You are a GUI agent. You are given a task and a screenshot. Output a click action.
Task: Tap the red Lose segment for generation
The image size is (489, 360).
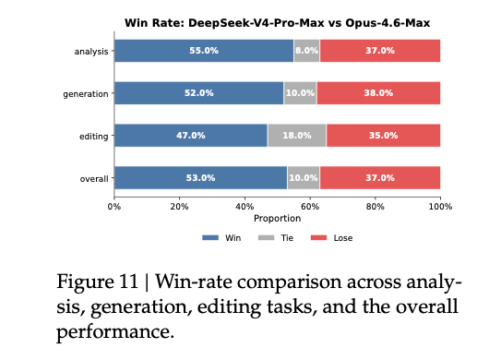click(x=378, y=93)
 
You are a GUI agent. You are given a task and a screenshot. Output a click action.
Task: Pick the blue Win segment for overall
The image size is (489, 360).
click(x=200, y=178)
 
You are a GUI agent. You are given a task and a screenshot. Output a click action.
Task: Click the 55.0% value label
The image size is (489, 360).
click(x=204, y=51)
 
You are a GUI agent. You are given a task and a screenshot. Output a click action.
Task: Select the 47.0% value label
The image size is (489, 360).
click(x=191, y=136)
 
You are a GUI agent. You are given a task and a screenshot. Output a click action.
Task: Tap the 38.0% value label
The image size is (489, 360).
click(x=378, y=93)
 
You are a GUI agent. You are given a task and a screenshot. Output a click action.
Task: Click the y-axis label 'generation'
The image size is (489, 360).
click(x=86, y=93)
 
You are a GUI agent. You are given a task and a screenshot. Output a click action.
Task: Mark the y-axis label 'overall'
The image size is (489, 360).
click(x=92, y=178)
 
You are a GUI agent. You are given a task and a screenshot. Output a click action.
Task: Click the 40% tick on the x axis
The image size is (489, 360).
click(x=244, y=206)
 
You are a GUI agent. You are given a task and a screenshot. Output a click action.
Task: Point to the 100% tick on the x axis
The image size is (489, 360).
click(x=440, y=206)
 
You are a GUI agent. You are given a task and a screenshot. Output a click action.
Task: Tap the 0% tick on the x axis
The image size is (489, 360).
click(x=114, y=206)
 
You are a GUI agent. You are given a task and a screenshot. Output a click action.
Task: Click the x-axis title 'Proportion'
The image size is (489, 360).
click(x=277, y=219)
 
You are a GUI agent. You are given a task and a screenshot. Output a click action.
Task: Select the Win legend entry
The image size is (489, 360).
click(x=225, y=237)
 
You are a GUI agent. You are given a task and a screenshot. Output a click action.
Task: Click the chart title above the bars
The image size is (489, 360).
click(x=277, y=22)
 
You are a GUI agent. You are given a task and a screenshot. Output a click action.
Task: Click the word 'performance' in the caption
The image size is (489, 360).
click(x=114, y=330)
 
